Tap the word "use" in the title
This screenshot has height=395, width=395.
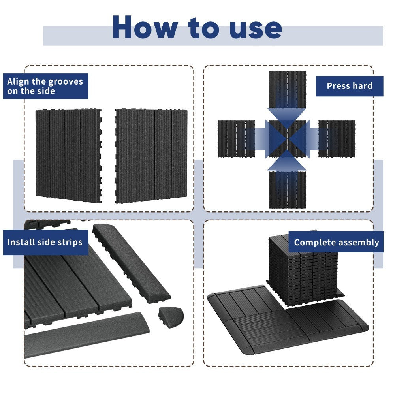(x=255, y=30)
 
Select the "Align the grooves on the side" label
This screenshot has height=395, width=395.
(x=45, y=86)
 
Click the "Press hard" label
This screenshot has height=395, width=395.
(x=350, y=86)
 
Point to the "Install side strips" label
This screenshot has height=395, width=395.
(x=45, y=242)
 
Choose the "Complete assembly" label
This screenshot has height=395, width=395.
(x=336, y=242)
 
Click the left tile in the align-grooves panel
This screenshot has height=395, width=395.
(x=68, y=155)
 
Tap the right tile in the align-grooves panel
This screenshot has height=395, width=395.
(x=151, y=156)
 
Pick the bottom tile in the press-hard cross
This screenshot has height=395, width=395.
(x=288, y=190)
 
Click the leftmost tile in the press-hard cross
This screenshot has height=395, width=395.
(x=236, y=139)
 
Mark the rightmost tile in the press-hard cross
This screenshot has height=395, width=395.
(x=337, y=139)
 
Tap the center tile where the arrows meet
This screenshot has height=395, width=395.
(x=288, y=139)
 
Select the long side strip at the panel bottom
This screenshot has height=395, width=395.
(x=87, y=335)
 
